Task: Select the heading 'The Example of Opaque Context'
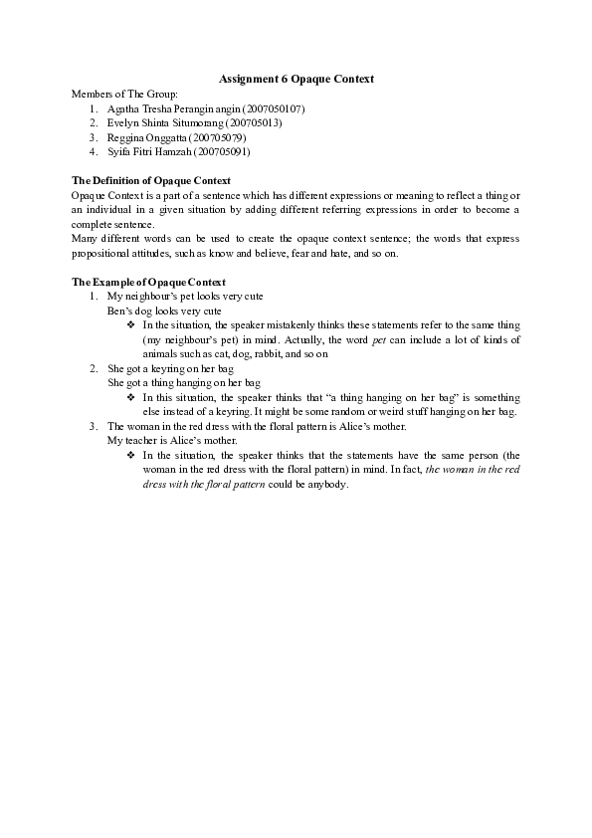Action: pos(148,283)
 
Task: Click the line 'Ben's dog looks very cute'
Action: pos(164,311)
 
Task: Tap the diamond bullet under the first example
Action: pos(131,325)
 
